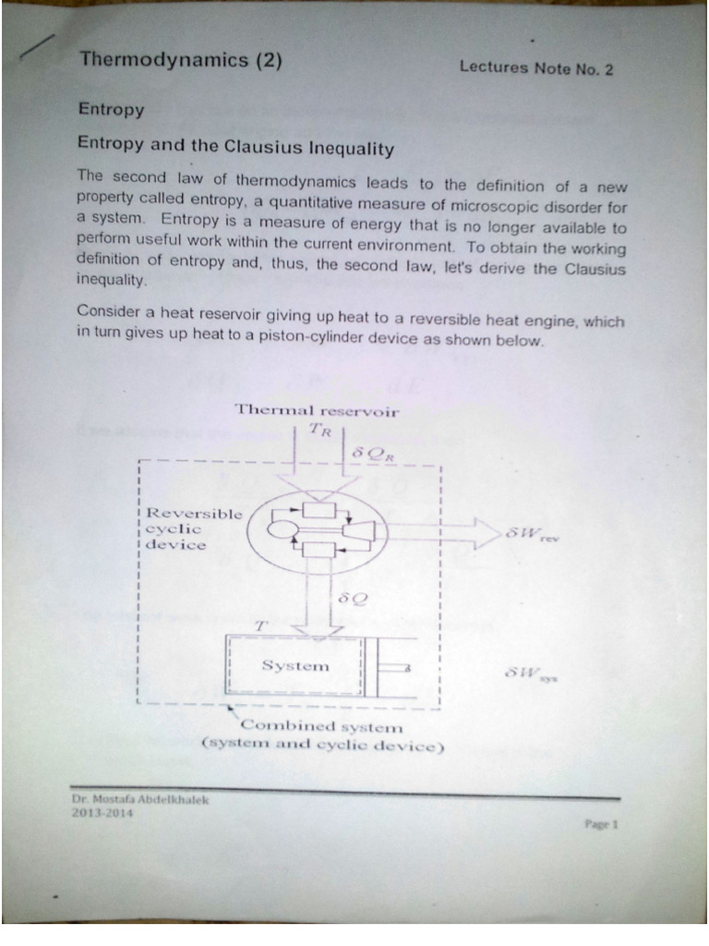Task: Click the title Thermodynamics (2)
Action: (x=181, y=62)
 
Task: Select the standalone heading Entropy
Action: (x=111, y=110)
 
